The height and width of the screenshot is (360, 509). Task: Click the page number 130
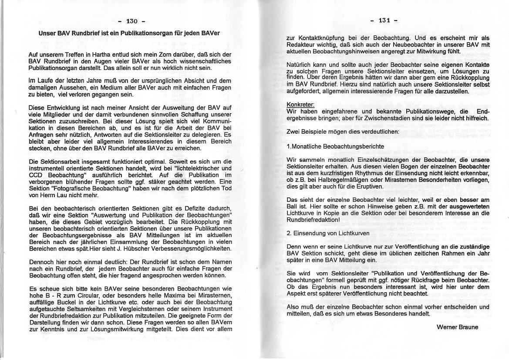tap(131, 21)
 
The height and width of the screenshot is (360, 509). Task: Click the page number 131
tap(384, 20)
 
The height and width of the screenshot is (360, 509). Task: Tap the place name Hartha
tap(94, 54)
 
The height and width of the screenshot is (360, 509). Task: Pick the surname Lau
tap(60, 195)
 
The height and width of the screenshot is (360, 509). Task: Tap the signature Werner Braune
tap(457, 327)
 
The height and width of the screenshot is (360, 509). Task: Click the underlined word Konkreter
tap(300, 105)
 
